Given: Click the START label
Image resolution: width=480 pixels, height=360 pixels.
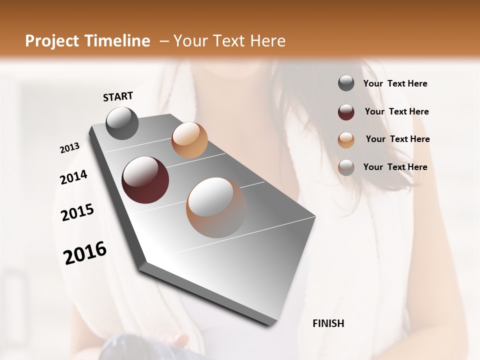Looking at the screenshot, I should [118, 96].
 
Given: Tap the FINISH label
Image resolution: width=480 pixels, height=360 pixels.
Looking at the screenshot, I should [328, 323].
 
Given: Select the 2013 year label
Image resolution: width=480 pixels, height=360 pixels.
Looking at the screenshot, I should [70, 148].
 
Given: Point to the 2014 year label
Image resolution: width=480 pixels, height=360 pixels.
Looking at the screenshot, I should [73, 177].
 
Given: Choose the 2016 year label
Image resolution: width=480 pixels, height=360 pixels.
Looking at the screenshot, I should [85, 253].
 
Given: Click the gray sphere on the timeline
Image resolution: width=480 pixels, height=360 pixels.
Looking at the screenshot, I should [122, 123].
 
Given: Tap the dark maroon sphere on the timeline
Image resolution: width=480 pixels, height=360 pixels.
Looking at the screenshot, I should [145, 180].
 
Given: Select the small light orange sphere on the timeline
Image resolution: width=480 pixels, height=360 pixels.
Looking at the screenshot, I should [189, 140].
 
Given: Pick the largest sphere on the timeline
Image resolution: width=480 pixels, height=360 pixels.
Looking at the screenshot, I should [216, 207].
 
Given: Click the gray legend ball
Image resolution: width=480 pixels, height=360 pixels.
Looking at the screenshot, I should [346, 83].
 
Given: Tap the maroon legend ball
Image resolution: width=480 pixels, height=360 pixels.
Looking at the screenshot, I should [346, 112].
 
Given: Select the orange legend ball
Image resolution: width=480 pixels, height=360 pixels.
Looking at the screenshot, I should [346, 140].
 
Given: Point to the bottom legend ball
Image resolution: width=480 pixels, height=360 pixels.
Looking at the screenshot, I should [346, 167].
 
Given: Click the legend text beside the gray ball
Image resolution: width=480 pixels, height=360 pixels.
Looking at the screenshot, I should [395, 84].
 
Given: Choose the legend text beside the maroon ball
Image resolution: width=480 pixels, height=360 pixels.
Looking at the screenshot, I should [396, 111].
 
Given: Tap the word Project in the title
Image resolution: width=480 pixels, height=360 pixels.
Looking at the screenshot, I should [52, 41].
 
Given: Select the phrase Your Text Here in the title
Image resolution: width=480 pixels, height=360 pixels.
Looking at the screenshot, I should [229, 41].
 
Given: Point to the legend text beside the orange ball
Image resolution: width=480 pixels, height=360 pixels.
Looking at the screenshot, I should [397, 139].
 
